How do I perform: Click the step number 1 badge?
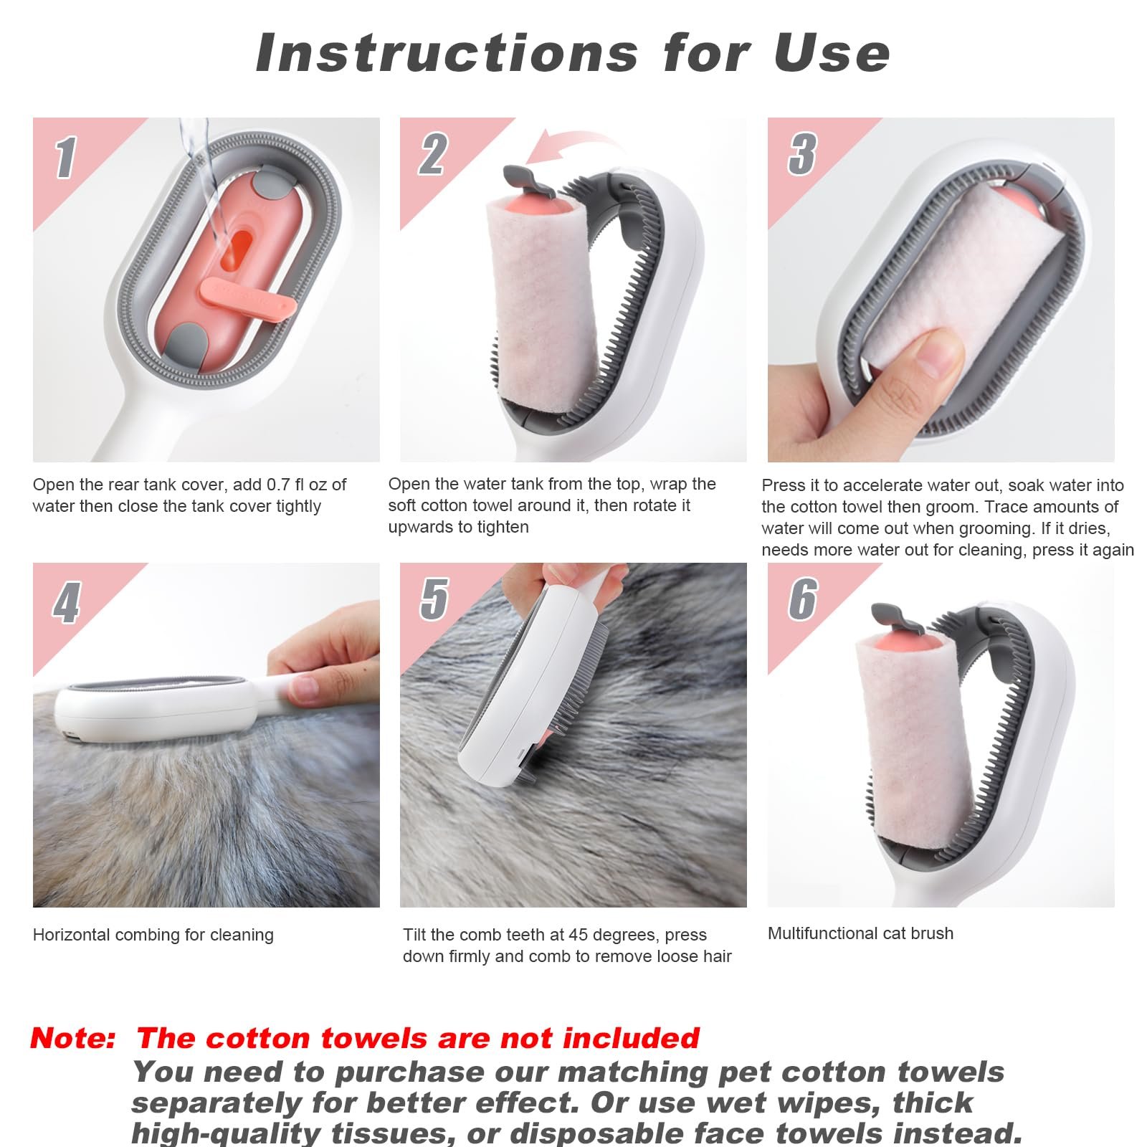[65, 157]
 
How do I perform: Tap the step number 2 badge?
[433, 154]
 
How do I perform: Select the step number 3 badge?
[802, 154]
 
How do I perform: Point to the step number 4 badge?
[66, 603]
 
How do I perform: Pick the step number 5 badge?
[434, 599]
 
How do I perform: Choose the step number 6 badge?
[803, 599]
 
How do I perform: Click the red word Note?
[72, 1038]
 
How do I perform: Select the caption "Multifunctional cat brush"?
[860, 933]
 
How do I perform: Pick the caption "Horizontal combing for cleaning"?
[153, 935]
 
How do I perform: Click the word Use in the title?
[832, 53]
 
